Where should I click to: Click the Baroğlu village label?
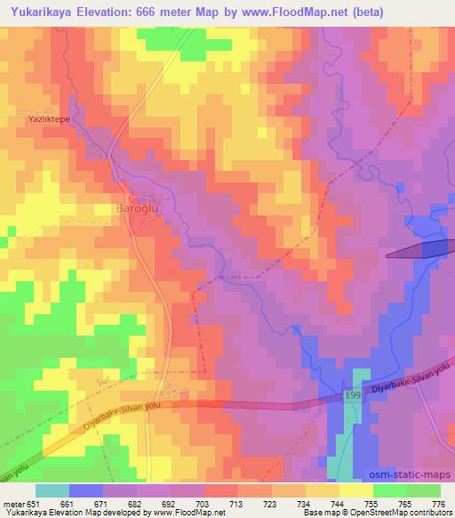click(137, 208)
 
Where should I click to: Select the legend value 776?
click(439, 503)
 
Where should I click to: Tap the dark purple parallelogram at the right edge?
click(419, 251)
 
